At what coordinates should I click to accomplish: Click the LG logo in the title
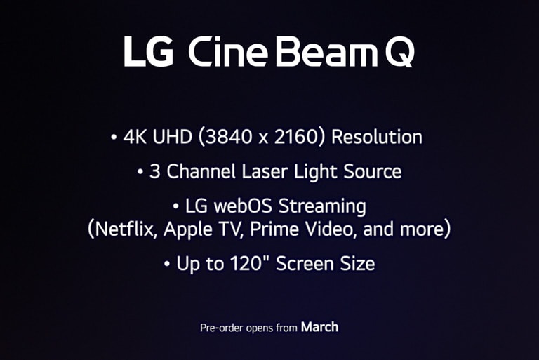click(x=148, y=51)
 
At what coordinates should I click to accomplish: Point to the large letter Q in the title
click(x=399, y=53)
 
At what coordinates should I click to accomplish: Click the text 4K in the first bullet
click(x=133, y=136)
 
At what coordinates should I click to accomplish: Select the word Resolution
click(x=377, y=136)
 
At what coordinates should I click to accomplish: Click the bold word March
click(x=319, y=326)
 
